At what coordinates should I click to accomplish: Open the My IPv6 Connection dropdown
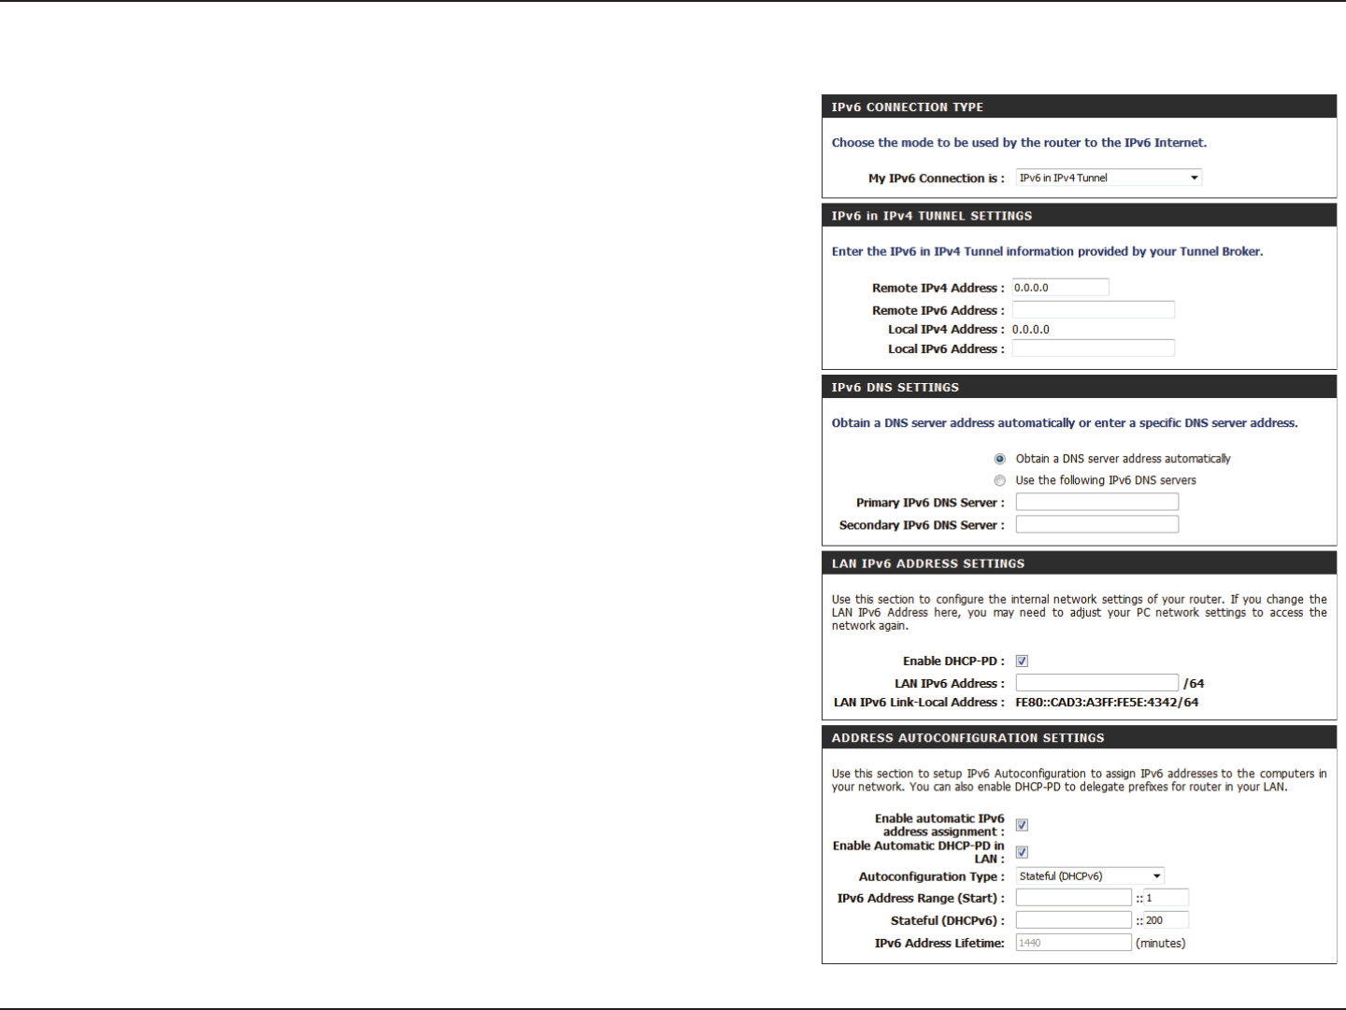click(x=1109, y=178)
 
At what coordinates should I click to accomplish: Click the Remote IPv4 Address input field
click(x=1060, y=288)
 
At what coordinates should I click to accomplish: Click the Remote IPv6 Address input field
click(x=1093, y=310)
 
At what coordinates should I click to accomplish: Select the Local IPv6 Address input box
click(x=1093, y=349)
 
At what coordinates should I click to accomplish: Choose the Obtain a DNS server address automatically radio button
click(x=1000, y=459)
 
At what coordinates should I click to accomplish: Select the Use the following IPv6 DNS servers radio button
click(x=1000, y=480)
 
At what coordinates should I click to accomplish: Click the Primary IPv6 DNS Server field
click(x=1096, y=503)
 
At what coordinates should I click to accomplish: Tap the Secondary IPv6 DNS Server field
click(x=1096, y=525)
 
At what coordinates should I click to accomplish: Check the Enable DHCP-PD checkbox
click(x=1022, y=661)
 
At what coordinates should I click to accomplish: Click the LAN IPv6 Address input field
click(x=1096, y=683)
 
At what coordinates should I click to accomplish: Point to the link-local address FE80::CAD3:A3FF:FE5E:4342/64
click(x=1107, y=703)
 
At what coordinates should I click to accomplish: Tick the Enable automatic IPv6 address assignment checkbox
click(x=1022, y=825)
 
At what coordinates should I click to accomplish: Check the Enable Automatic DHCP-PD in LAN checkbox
click(x=1022, y=852)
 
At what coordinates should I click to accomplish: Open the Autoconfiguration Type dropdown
click(x=1090, y=876)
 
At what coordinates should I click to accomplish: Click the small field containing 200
click(x=1166, y=920)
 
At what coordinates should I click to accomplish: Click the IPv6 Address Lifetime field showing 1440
click(x=1073, y=943)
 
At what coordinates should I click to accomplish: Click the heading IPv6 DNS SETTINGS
click(x=895, y=388)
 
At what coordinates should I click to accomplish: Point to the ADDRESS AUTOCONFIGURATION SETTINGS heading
click(x=968, y=738)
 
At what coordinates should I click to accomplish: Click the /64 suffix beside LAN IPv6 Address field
click(x=1194, y=684)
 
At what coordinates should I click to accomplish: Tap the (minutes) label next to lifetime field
click(x=1161, y=944)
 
